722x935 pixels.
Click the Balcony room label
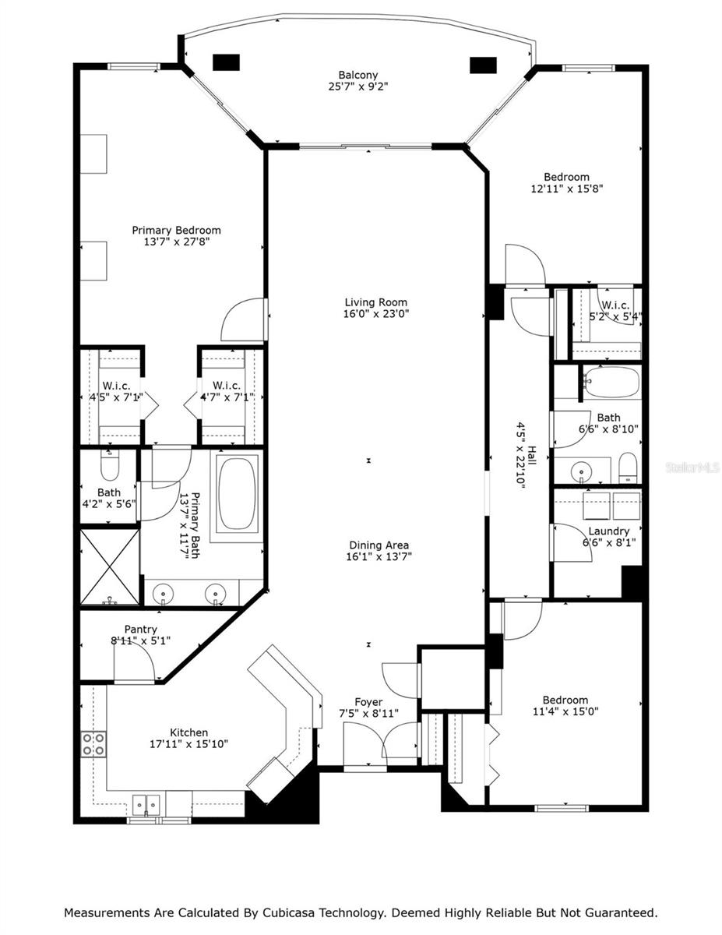[357, 75]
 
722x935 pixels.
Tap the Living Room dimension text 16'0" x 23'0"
[376, 314]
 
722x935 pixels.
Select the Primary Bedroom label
[176, 230]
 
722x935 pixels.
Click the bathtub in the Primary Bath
[238, 493]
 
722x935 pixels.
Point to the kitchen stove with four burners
[94, 744]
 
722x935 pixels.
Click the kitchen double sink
[146, 803]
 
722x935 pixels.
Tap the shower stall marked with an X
[110, 566]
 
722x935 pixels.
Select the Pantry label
[141, 630]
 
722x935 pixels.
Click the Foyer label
[368, 702]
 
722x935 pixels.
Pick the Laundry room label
[608, 531]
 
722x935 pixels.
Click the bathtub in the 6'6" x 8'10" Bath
[612, 382]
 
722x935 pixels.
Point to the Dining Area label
[379, 545]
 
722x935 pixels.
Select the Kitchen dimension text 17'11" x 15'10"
[188, 744]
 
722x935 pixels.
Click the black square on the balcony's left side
[226, 62]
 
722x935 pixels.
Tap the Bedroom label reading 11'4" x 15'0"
[565, 706]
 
